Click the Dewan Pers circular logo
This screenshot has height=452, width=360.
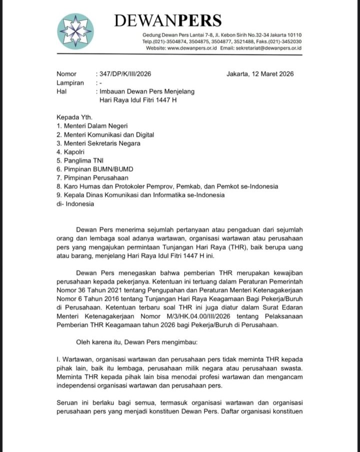(75, 31)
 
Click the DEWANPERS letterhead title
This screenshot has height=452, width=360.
(167, 20)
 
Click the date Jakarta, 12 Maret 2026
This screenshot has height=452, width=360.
(260, 74)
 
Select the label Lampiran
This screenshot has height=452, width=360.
(70, 83)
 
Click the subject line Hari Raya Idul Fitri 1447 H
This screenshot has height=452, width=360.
(138, 100)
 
